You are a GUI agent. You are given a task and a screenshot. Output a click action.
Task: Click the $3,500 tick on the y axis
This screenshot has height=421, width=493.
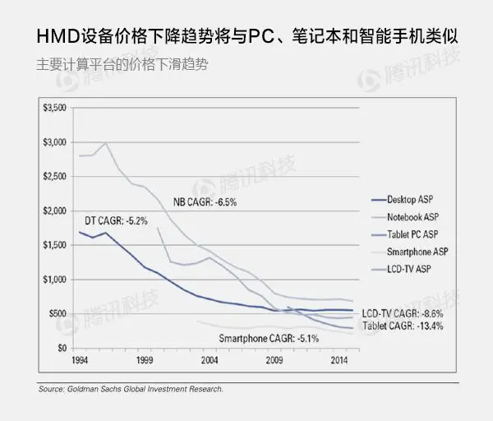[x=55, y=109]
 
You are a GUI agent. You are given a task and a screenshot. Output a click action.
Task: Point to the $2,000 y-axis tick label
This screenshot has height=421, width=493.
[x=55, y=211]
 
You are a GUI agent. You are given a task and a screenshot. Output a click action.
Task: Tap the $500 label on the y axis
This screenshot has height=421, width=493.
[x=58, y=313]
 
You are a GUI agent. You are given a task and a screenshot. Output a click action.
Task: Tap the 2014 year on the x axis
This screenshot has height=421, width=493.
[x=338, y=361]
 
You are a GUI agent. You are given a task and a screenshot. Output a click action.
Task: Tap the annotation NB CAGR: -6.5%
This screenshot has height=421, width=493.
[x=205, y=202]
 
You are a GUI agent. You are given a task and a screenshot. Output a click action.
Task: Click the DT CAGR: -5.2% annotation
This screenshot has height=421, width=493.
[x=115, y=221]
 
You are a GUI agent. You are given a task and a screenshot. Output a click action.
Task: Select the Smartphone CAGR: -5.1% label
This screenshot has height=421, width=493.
[x=268, y=338]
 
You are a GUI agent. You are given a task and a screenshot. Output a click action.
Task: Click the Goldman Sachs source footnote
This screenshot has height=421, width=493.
[x=130, y=389]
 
